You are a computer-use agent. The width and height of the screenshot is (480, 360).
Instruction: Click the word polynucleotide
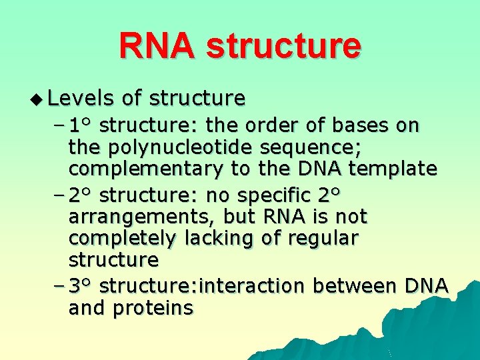point(178,147)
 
